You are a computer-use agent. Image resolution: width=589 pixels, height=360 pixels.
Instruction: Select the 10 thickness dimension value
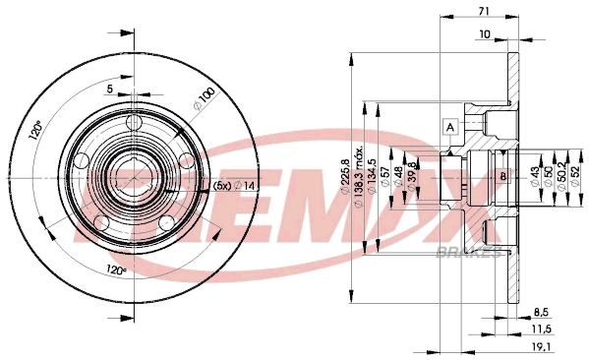484,34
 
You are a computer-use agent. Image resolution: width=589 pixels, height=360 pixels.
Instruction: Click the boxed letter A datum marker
450,126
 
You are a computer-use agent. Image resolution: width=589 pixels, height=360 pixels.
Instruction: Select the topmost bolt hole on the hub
135,122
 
